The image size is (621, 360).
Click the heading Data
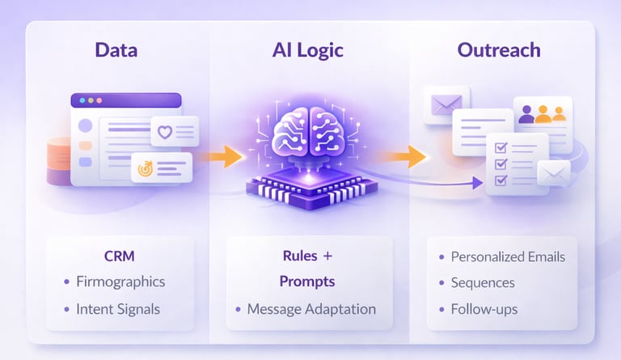pos(116,49)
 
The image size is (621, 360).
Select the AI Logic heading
pos(307,49)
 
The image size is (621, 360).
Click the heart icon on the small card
pos(165,131)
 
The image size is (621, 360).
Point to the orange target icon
pos(146,169)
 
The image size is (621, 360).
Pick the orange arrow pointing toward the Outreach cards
pos(413,156)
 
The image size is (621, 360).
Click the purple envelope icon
pos(446,103)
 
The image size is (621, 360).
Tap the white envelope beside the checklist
pos(554,173)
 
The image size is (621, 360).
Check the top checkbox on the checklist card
pos(501,148)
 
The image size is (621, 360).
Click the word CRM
pos(119,257)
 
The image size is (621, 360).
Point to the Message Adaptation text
pos(311,308)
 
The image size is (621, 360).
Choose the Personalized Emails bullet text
pos(508,257)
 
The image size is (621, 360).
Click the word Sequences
pos(483,283)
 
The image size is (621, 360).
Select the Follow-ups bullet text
pos(484,309)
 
